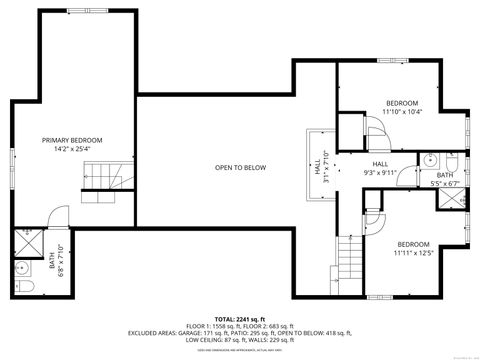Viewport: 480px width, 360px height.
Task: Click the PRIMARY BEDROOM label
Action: [x=72, y=140]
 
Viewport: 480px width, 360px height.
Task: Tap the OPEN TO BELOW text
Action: [x=240, y=168]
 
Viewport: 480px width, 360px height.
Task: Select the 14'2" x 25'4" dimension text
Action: [x=72, y=149]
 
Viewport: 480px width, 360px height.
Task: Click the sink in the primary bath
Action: [x=21, y=268]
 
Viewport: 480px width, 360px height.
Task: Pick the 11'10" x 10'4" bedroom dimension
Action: [x=402, y=111]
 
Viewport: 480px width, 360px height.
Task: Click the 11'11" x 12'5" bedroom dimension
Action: [x=413, y=253]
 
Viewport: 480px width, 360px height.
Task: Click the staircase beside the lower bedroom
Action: [x=349, y=260]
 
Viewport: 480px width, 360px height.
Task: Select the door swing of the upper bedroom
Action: [x=350, y=131]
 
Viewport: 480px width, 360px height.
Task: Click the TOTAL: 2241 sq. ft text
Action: [x=239, y=317]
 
